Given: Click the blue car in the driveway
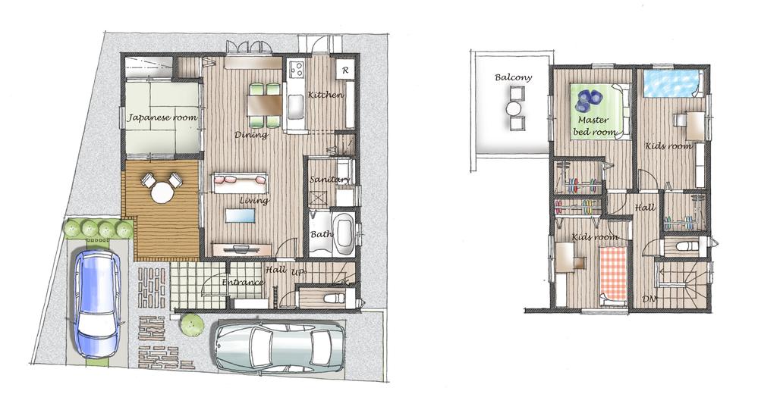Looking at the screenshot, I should point(96,302).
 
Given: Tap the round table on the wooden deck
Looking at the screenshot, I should point(162,192).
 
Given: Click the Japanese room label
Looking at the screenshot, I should point(162,118).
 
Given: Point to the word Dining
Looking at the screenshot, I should point(250,136).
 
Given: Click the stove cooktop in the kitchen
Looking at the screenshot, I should point(295,70).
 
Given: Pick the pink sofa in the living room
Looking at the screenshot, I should point(241,180).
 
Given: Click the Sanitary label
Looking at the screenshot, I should point(329,180).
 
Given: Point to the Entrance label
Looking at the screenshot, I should point(242,283).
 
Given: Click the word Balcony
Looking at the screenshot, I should point(513,78).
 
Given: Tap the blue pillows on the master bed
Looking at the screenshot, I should point(590,99).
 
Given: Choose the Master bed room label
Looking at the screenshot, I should point(595,126).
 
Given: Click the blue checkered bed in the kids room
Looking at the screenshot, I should point(671,83).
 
